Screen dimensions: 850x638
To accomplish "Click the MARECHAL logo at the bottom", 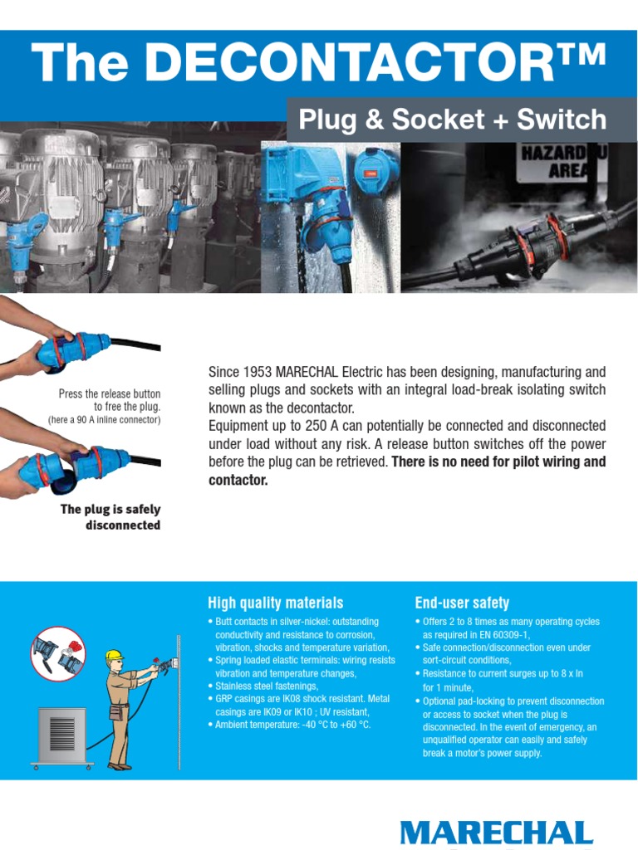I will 496,833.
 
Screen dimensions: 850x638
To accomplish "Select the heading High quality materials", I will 275,603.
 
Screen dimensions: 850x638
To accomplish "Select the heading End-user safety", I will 462,603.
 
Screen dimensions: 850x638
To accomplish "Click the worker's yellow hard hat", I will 115,656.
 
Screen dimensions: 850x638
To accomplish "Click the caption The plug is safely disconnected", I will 110,517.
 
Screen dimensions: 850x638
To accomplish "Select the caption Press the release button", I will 110,393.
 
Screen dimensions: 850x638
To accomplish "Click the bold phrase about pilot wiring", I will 407,471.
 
